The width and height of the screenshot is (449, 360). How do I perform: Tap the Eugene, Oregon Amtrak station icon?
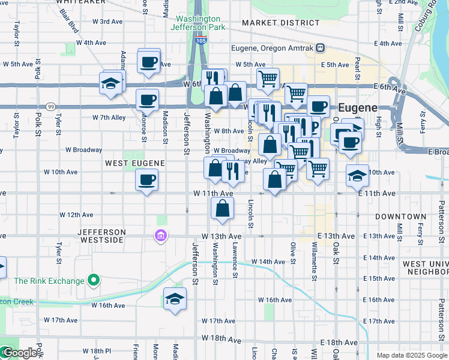pos(321,48)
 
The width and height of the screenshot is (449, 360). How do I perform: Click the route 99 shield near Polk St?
pos(51,107)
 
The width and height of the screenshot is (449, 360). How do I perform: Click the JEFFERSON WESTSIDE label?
pos(102,236)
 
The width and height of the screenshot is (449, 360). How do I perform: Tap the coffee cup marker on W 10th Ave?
pos(146,179)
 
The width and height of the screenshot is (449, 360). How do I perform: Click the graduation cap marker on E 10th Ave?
pos(357,176)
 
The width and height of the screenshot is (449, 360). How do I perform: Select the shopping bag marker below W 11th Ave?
pos(222,209)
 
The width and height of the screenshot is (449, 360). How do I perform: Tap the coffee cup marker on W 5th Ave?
pos(149,62)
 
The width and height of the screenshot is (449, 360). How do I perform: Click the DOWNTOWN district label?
pos(400,216)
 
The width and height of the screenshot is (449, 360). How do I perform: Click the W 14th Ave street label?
pos(268,262)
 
